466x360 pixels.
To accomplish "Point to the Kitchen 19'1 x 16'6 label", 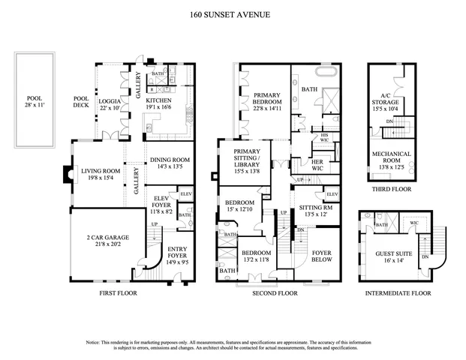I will (158, 103).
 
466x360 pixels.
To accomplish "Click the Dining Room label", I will (169, 161).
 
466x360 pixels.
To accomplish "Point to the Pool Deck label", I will (80, 103).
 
